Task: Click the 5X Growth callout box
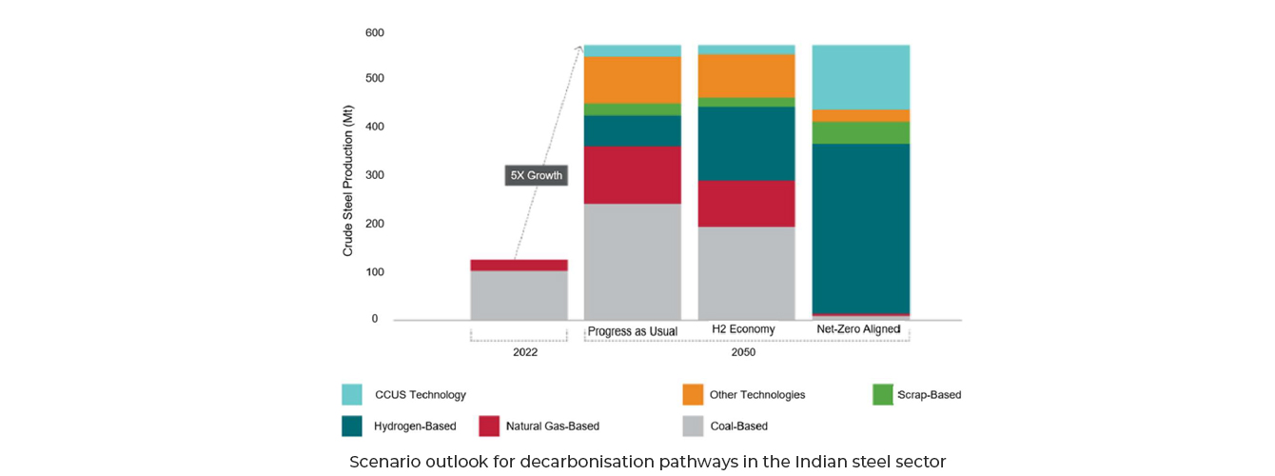coord(536,175)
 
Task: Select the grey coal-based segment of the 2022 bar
coord(519,295)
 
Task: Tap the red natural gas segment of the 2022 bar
coord(519,265)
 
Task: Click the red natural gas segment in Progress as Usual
coord(632,174)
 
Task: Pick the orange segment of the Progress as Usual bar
coord(632,80)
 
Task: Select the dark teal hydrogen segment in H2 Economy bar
coord(746,143)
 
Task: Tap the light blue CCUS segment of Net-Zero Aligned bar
coord(860,77)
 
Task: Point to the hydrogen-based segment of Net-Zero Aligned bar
coord(860,228)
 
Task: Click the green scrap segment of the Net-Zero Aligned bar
coord(860,132)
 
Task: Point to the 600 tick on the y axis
coord(374,33)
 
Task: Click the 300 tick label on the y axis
coord(374,175)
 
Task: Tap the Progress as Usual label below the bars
coord(632,331)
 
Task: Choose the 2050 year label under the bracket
coord(743,352)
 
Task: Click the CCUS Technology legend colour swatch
coord(352,394)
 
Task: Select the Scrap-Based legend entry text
coord(929,394)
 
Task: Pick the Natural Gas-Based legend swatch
coord(489,426)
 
